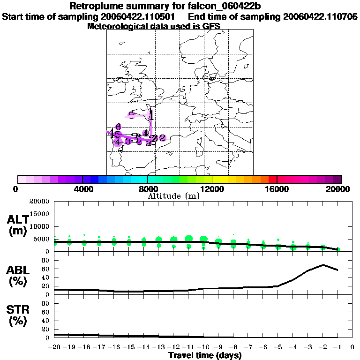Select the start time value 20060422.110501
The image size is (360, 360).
(x=141, y=17)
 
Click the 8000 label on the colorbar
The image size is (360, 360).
(x=148, y=189)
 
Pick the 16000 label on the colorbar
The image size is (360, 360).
(x=277, y=189)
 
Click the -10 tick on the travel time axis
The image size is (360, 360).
(x=203, y=347)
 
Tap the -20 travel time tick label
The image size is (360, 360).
(x=55, y=347)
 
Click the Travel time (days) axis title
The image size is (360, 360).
(x=205, y=356)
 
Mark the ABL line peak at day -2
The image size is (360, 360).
(x=323, y=265)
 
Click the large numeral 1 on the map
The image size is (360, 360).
(x=151, y=114)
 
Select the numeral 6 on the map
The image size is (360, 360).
(x=118, y=127)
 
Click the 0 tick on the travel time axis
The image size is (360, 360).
(x=352, y=347)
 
